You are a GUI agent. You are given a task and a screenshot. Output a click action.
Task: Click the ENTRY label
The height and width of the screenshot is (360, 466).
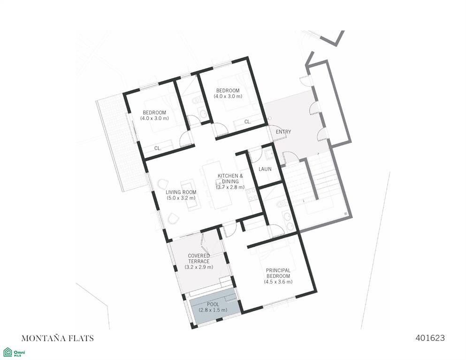(x=283, y=132)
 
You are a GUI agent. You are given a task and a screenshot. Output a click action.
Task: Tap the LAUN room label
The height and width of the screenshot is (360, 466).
(x=265, y=169)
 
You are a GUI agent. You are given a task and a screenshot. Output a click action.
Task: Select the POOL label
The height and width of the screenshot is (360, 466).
(x=213, y=305)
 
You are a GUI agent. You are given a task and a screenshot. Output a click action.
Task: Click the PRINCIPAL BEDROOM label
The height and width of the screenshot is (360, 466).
(x=278, y=273)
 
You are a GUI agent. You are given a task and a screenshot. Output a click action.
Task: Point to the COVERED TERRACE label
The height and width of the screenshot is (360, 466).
(x=199, y=259)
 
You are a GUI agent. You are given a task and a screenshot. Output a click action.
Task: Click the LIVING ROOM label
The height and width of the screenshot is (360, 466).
(x=181, y=192)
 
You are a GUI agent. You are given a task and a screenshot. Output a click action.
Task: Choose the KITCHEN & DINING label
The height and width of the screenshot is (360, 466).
(x=230, y=178)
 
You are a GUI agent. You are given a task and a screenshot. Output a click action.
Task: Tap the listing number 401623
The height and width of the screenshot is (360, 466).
(x=430, y=337)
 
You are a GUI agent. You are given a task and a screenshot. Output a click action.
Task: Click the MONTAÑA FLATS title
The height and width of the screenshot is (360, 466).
(x=58, y=338)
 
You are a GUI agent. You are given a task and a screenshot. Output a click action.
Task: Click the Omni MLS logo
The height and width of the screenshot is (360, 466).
(x=14, y=352)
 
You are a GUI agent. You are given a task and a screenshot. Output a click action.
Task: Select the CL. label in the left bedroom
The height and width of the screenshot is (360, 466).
(x=158, y=148)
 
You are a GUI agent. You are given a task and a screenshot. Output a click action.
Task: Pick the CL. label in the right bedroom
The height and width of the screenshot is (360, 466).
(x=248, y=122)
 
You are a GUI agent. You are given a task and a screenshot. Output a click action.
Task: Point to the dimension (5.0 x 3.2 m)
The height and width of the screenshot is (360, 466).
(x=181, y=198)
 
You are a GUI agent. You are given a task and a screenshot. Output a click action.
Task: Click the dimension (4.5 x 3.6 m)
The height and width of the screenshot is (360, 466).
(x=278, y=282)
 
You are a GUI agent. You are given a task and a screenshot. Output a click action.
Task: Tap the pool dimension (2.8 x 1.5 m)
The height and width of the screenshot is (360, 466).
(x=213, y=310)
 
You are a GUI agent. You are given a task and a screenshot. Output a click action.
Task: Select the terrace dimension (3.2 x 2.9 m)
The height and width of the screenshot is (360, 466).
(x=199, y=267)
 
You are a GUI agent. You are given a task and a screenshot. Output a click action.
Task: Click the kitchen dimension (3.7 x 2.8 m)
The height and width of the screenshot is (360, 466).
(x=230, y=187)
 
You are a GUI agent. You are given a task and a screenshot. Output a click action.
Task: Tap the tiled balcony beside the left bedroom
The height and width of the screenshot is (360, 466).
(x=122, y=143)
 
